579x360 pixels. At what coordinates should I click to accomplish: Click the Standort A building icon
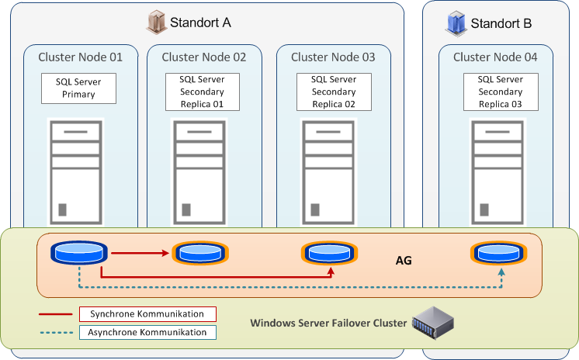[x=157, y=22]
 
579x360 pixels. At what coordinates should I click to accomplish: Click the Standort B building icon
[x=456, y=22]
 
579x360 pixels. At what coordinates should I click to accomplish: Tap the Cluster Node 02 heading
[x=204, y=57]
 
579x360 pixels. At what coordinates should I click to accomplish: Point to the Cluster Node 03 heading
[x=333, y=57]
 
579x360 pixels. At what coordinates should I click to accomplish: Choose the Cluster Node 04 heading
[x=495, y=57]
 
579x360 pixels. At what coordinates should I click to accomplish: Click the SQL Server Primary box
[x=78, y=88]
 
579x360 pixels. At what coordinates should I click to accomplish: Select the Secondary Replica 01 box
[x=202, y=92]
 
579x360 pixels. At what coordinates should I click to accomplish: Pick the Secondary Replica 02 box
[x=333, y=92]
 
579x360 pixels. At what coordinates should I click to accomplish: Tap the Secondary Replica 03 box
[x=500, y=92]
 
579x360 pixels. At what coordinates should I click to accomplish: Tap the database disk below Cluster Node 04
[x=496, y=252]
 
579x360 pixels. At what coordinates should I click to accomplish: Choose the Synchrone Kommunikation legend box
[x=147, y=314]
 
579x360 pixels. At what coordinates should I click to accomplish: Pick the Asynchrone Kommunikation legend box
[x=147, y=332]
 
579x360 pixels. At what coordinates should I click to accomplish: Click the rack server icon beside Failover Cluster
[x=432, y=320]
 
